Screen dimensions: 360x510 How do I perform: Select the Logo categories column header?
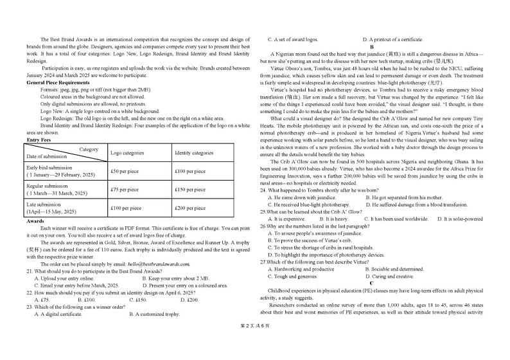pos(127,153)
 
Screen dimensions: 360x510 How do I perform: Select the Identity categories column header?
pos(194,153)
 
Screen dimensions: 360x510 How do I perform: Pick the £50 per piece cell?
pos(125,171)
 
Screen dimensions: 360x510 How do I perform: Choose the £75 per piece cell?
pos(125,190)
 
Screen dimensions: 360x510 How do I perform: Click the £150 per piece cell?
pos(189,190)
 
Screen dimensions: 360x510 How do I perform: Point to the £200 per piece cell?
pos(189,208)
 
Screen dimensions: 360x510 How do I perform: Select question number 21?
pos(30,271)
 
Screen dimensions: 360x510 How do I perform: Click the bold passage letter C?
pos(371,283)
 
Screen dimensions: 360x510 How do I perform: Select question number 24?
pos(263,190)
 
